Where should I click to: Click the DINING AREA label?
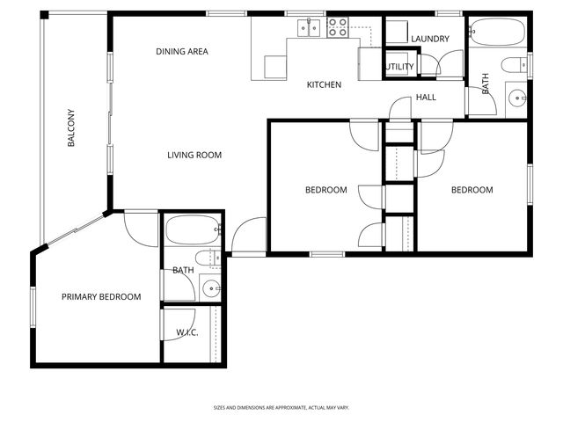(182, 52)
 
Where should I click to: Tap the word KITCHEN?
(324, 85)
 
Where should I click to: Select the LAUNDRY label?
(430, 39)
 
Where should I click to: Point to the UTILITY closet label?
(398, 67)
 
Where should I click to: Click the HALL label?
(426, 98)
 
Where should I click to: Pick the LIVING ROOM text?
(194, 156)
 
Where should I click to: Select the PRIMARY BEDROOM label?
(101, 297)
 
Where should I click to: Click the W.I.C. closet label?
(186, 332)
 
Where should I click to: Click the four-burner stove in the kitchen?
(338, 29)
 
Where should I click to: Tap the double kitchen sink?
(309, 29)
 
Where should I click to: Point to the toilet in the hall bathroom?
(513, 64)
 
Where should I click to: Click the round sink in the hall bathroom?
(515, 98)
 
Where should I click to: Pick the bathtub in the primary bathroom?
(193, 232)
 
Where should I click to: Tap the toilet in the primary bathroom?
(207, 258)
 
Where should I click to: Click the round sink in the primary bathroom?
(210, 287)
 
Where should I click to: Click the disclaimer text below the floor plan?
(281, 408)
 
